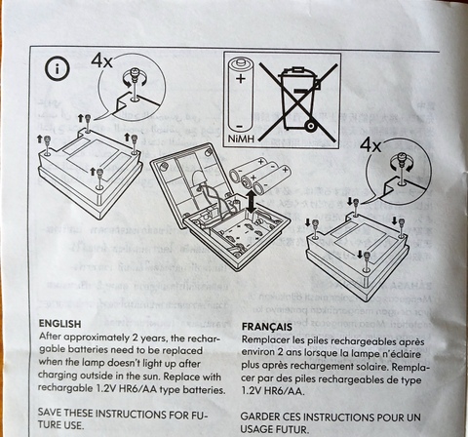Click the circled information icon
tap(58, 69)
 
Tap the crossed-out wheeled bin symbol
tap(298, 101)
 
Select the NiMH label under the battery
tap(241, 139)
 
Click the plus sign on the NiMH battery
tap(241, 79)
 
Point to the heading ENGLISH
tap(59, 324)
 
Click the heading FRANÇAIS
tap(267, 327)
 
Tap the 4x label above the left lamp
tap(102, 60)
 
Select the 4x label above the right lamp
tap(370, 145)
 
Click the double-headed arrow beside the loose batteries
tap(251, 202)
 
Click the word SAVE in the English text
tap(50, 413)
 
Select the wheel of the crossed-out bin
tap(311, 126)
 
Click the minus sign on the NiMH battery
tap(240, 126)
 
